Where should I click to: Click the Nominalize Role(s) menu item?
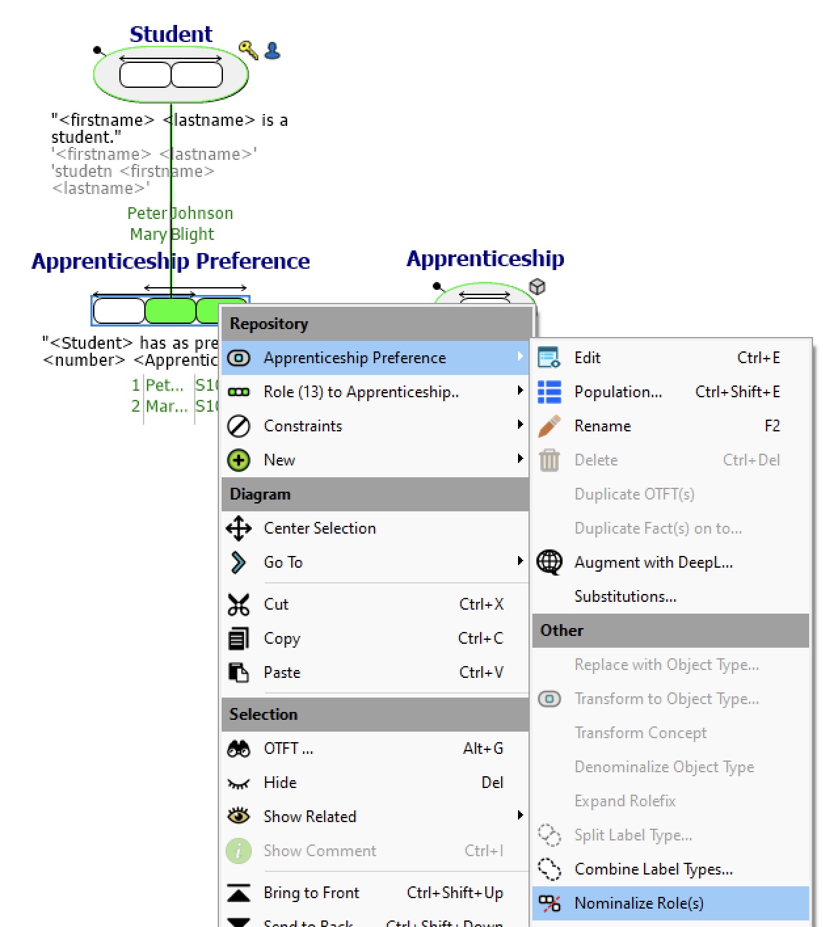pos(639,903)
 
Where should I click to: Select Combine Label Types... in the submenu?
pos(653,869)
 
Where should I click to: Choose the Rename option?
pos(602,425)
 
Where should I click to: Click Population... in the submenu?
pos(618,391)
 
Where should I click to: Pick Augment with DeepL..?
pos(653,562)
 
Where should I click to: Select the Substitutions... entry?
pos(625,596)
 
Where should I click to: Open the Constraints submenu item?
pos(303,425)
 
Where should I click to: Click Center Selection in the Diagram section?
pos(319,528)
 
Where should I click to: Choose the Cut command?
pos(276,604)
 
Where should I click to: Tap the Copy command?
pos(282,638)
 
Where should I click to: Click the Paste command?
pos(282,672)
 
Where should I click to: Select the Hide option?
pos(280,782)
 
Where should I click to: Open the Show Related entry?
pos(309,816)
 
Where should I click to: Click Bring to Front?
pos(311,892)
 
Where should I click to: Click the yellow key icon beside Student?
pos(248,50)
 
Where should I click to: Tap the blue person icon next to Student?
pos(272,50)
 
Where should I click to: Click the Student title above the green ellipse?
pos(170,33)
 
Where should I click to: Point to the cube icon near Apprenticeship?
pos(537,286)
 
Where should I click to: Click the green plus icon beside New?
pos(239,460)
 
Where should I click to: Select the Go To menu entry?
pos(283,562)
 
